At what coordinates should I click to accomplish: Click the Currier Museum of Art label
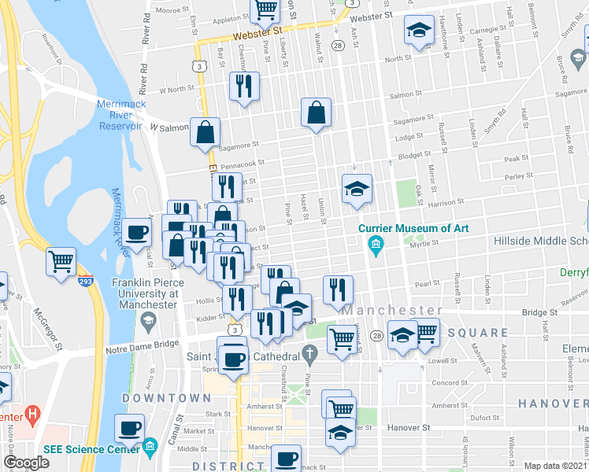(413, 228)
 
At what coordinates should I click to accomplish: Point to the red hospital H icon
(31, 412)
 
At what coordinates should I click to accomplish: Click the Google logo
(26, 463)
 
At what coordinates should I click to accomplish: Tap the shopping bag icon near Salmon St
(316, 112)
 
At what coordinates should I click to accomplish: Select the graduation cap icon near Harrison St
(357, 189)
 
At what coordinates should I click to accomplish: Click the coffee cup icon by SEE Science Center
(130, 428)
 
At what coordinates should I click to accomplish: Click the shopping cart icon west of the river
(61, 260)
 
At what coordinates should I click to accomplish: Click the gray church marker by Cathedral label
(313, 356)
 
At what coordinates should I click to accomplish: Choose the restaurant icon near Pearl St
(338, 289)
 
